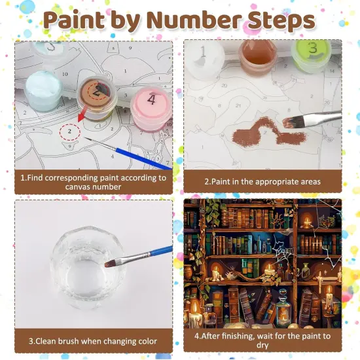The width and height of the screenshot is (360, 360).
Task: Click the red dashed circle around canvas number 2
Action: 69,131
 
